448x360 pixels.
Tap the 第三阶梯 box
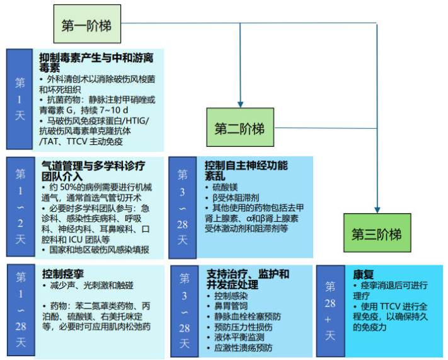(x=376, y=234)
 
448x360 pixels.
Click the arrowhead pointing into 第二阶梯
(x=240, y=103)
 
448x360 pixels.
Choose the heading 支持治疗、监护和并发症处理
(x=248, y=279)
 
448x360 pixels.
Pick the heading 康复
(x=364, y=275)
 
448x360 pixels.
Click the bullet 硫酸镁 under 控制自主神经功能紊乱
(x=226, y=188)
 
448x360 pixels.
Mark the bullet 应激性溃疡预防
(x=243, y=347)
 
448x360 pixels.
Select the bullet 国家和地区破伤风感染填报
(x=99, y=250)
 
